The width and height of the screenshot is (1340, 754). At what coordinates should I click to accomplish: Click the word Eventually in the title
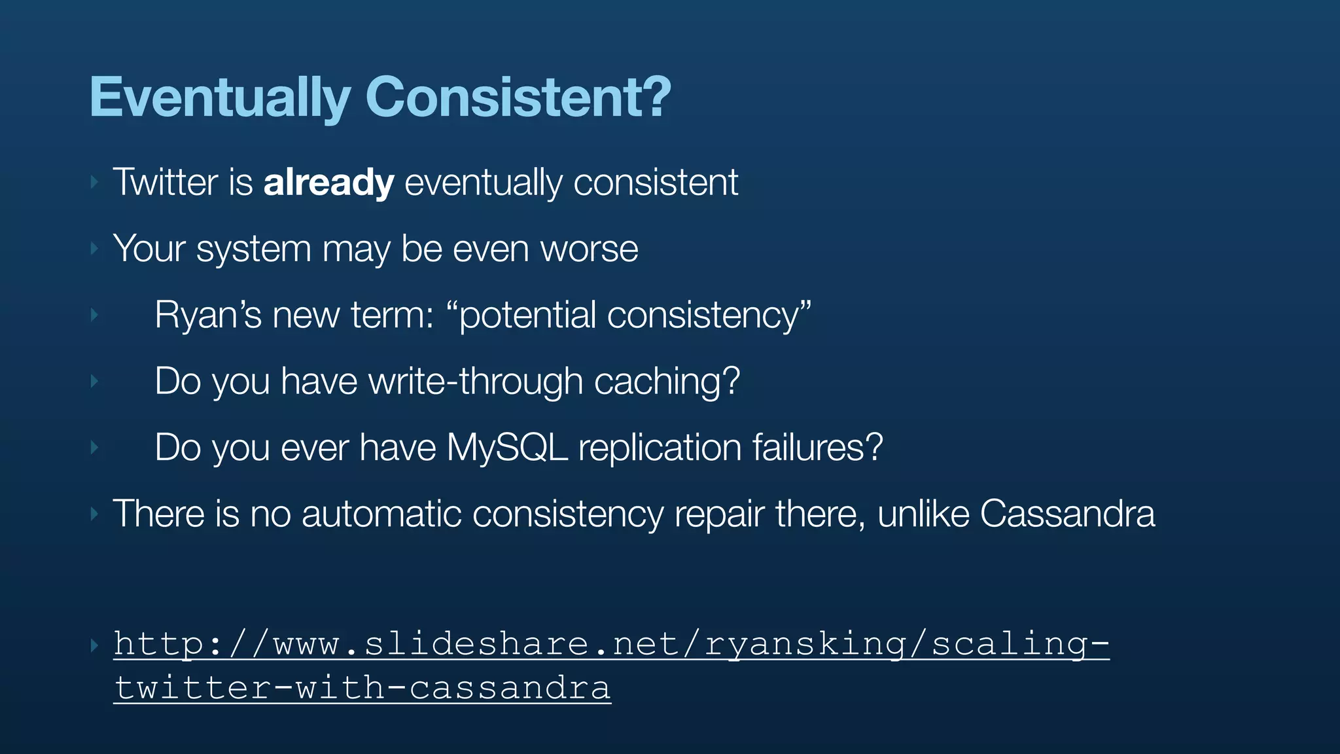tap(220, 98)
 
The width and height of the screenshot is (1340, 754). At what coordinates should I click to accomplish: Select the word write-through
tap(476, 382)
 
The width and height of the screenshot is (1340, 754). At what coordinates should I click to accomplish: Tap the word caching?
tap(667, 382)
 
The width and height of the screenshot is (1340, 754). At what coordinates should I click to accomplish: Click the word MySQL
tap(507, 448)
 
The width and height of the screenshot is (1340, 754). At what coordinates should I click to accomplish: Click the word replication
tap(660, 448)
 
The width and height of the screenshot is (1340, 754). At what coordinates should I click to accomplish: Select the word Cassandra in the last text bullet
tap(1067, 514)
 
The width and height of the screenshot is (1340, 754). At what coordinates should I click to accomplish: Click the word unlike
tap(923, 514)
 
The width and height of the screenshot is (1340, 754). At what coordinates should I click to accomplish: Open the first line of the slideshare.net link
tap(611, 644)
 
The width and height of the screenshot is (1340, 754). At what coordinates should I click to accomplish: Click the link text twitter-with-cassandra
tap(362, 688)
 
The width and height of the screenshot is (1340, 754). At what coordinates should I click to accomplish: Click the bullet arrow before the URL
tap(94, 645)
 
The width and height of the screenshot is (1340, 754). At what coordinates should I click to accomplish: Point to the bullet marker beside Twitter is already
tap(94, 183)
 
